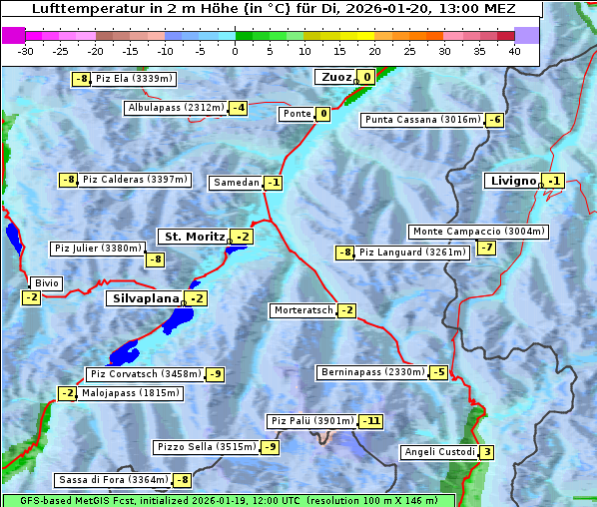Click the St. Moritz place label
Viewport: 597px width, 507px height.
[x=193, y=237]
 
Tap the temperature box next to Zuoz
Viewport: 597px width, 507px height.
[x=366, y=77]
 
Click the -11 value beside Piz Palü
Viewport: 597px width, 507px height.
[x=370, y=421]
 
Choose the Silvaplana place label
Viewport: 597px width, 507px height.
[x=145, y=298]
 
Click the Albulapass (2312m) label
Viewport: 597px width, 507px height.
[x=176, y=108]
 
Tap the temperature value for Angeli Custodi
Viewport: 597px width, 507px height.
[x=486, y=452]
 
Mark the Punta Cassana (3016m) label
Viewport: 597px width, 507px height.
[x=422, y=120]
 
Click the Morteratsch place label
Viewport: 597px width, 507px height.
[x=302, y=310]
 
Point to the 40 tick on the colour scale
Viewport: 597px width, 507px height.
[x=514, y=51]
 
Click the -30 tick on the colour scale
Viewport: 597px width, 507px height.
[x=26, y=51]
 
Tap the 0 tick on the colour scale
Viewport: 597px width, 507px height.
[x=236, y=51]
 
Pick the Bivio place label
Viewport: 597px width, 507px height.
[x=47, y=283]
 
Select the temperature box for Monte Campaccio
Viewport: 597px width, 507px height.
[x=486, y=248]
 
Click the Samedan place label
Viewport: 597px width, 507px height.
[x=237, y=183]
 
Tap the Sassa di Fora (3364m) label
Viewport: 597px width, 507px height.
[x=112, y=480]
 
